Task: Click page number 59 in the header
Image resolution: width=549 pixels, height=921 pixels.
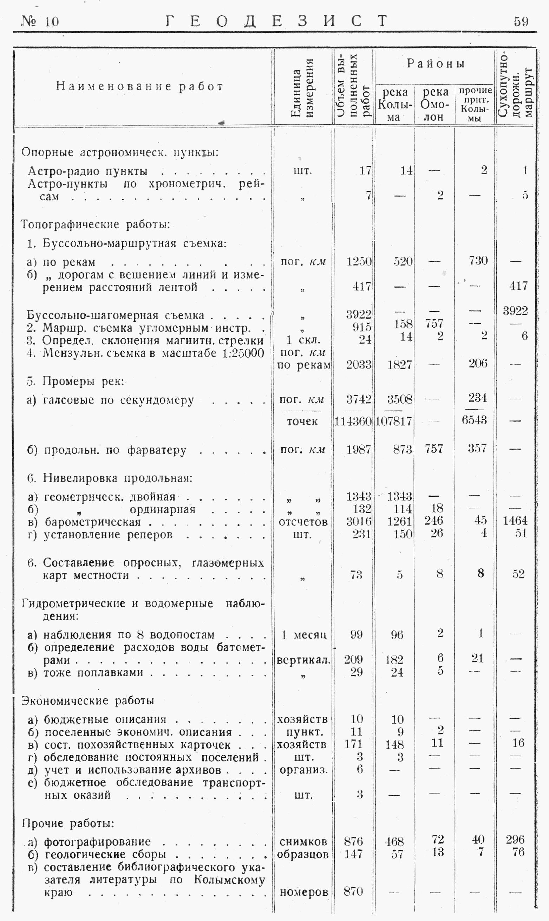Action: (x=521, y=22)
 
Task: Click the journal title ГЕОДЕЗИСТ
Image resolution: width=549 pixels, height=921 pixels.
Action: (x=277, y=21)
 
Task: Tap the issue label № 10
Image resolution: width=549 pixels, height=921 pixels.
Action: (x=40, y=22)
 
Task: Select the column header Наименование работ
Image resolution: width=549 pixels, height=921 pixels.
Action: (x=140, y=86)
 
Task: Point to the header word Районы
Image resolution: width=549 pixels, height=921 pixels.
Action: (x=436, y=64)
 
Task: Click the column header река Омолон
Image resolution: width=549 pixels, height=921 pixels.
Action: (x=435, y=104)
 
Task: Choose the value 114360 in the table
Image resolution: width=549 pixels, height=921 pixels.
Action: (x=353, y=421)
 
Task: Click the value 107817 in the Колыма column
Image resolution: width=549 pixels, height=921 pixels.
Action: (x=394, y=421)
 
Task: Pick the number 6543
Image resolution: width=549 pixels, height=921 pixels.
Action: (x=474, y=420)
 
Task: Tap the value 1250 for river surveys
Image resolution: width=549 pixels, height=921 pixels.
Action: (x=359, y=261)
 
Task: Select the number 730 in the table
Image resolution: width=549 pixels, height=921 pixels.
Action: (x=478, y=260)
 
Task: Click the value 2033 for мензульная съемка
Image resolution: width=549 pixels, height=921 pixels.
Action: (x=359, y=365)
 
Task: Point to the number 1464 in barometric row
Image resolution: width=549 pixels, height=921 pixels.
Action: (x=515, y=521)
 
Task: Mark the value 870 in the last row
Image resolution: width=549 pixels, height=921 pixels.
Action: (x=353, y=891)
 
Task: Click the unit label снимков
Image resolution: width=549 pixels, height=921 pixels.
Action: (x=303, y=842)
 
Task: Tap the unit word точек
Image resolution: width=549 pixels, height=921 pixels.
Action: (x=302, y=421)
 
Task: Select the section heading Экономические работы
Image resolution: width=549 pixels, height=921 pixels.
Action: (x=88, y=700)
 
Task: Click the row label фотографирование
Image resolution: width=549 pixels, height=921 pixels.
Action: (x=97, y=842)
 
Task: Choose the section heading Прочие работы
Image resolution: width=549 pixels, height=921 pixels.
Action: (x=68, y=823)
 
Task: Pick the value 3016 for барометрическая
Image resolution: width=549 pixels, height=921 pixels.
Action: (x=359, y=521)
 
